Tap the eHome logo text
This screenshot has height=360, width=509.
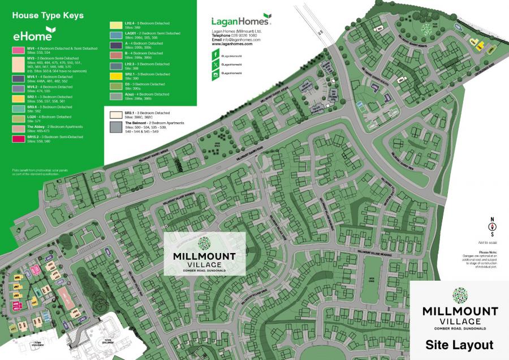click(x=33, y=36)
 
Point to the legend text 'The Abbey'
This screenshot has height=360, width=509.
click(x=36, y=127)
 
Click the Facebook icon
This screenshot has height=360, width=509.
click(x=215, y=55)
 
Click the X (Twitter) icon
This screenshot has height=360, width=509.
click(x=215, y=65)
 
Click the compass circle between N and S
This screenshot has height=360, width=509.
click(x=491, y=227)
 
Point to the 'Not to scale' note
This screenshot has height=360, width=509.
click(x=485, y=242)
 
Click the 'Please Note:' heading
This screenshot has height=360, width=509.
click(x=486, y=252)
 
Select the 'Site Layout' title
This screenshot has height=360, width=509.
click(x=459, y=344)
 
